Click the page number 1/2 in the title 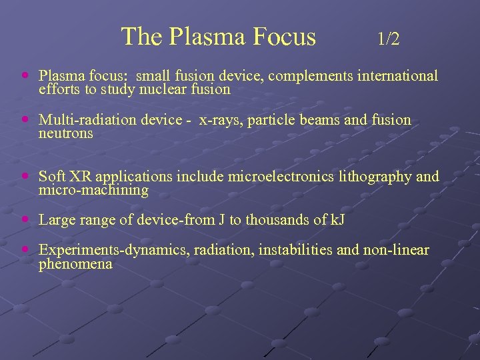pos(388,39)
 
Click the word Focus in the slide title pos(280,37)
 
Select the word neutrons pos(66,134)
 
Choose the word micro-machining pos(93,191)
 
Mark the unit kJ pos(337,219)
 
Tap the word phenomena pos(75,265)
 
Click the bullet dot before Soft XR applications pos(25,177)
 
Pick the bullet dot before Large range pos(25,219)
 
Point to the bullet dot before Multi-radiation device pos(25,121)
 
